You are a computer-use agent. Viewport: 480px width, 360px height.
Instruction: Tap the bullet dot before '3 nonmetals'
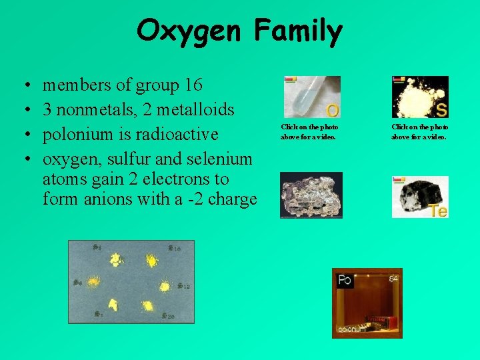[25, 110]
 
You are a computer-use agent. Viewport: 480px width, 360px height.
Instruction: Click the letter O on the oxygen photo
[331, 109]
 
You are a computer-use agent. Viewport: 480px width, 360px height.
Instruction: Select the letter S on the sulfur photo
[441, 109]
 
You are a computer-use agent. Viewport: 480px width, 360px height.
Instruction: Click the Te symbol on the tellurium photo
[438, 211]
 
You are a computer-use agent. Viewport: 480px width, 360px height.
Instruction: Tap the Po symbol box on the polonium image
[345, 280]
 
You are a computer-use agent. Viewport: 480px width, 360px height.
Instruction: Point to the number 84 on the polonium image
[393, 278]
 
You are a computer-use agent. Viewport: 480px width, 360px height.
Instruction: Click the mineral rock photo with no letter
[311, 195]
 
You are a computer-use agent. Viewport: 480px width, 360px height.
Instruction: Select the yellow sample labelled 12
[165, 286]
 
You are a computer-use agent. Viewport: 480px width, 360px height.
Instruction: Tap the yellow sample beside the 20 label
[149, 307]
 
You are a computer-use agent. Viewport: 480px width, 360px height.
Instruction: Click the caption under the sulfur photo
[420, 131]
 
